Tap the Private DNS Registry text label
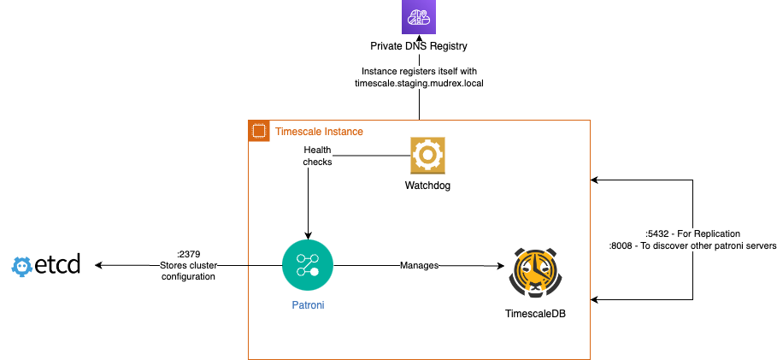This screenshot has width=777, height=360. pos(419,47)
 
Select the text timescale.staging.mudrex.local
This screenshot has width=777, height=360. pos(419,83)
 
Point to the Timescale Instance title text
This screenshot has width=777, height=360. pos(318,132)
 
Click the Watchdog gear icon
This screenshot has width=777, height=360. pos(427,156)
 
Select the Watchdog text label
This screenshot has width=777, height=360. pos(427,185)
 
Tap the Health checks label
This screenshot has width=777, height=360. pos(317,156)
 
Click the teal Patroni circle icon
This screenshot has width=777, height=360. pos(307,265)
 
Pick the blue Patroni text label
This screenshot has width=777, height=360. pos(307,304)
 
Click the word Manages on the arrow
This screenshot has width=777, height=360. pos(419,266)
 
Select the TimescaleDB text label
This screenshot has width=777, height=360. pos(535,314)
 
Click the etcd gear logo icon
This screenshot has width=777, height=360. pos(22,266)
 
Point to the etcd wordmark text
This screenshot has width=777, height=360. pos(58,265)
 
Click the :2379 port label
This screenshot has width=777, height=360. pos(188,254)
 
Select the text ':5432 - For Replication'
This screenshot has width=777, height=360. pos(693,233)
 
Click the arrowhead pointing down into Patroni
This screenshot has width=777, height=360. pos(307,233)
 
